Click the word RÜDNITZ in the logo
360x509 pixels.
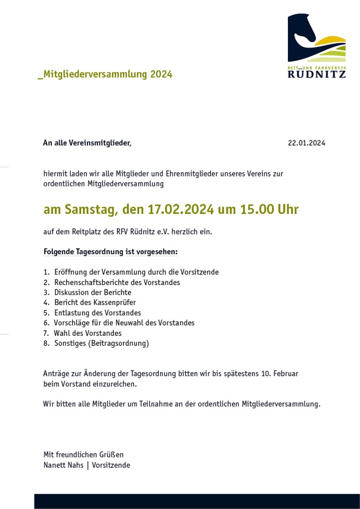pos(316,74)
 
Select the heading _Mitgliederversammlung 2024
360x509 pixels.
pos(105,75)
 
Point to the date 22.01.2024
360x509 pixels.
pos(306,143)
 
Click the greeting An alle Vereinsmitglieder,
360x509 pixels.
pos(87,143)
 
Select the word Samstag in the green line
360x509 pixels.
pos(91,209)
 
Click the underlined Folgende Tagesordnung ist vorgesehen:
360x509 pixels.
pos(110,252)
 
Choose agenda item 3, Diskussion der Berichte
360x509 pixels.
pos(92,293)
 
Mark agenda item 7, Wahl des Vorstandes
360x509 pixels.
pos(88,333)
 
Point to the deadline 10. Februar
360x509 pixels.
pos(279,374)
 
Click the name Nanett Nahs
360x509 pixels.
pos(64,465)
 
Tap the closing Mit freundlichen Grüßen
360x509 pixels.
pos(84,455)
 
